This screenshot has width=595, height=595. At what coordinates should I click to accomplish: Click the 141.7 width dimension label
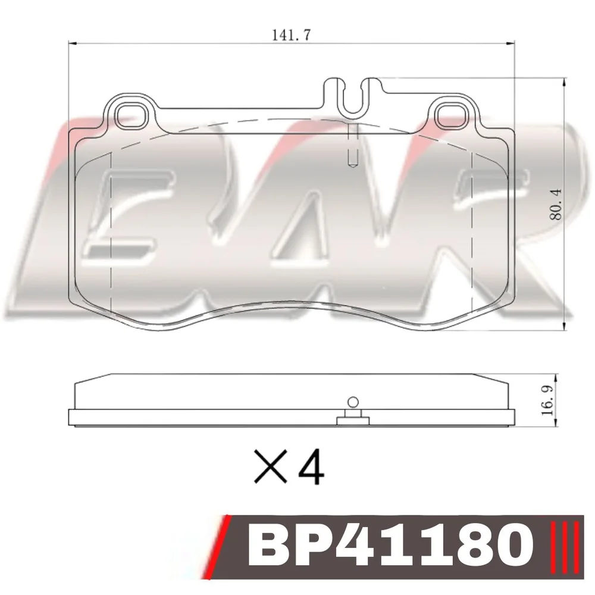[x=291, y=35]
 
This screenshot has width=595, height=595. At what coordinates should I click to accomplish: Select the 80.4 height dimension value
[x=556, y=205]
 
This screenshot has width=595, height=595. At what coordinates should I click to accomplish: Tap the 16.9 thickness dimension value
[x=548, y=400]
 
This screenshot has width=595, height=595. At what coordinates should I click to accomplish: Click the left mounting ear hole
[x=130, y=117]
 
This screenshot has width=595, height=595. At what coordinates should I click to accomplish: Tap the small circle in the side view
[x=353, y=402]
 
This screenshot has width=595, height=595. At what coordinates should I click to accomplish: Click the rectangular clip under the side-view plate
[x=353, y=421]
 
